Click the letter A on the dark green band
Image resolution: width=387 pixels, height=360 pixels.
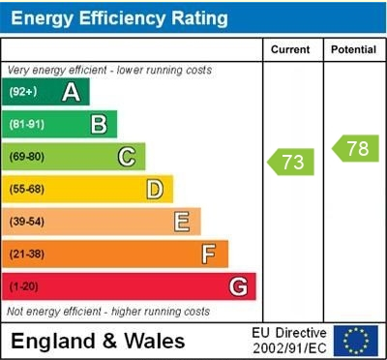71,92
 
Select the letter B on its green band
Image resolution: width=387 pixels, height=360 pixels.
99,124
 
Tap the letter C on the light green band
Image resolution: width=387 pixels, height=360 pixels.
127,157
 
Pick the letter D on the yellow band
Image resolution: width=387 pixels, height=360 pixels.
154,189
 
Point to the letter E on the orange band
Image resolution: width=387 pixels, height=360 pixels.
181,222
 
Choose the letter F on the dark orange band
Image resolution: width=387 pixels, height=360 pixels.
208,255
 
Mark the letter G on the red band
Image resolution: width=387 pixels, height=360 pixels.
238,286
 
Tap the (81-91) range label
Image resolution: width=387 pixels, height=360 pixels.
26,124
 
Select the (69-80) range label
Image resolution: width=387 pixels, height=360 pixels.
26,157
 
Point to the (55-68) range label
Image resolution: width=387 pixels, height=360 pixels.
26,189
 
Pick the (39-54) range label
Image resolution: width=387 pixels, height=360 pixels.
26,222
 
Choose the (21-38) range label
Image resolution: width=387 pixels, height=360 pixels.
26,255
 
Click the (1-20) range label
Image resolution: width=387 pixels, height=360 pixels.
23,286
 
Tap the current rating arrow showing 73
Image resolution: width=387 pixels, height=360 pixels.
291,162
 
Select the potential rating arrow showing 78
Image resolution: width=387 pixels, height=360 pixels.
355,148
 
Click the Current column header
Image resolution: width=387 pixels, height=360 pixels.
290,49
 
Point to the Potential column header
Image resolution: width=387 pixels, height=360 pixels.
353,49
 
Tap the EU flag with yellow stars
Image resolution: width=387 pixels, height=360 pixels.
356,341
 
